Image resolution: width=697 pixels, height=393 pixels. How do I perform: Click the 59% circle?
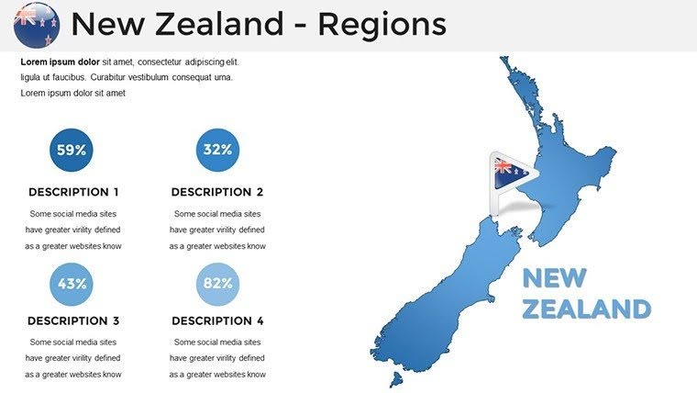[x=72, y=150]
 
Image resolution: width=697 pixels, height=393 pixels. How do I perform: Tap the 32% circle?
[x=217, y=150]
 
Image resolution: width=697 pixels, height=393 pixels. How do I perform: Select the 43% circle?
[x=72, y=284]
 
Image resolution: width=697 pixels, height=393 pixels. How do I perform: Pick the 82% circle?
[x=217, y=284]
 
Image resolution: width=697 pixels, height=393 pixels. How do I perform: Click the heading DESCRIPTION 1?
[x=73, y=193]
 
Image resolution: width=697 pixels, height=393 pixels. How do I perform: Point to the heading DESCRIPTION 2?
[x=217, y=193]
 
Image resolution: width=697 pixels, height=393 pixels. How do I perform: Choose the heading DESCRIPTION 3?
[x=73, y=321]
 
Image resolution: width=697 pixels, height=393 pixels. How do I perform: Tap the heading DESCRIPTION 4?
[x=217, y=321]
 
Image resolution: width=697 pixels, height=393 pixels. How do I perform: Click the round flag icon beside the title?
[x=37, y=25]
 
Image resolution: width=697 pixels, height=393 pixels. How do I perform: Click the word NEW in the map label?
[x=553, y=278]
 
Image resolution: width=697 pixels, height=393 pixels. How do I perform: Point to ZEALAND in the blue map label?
[x=587, y=308]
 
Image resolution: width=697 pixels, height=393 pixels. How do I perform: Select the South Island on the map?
[x=459, y=294]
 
